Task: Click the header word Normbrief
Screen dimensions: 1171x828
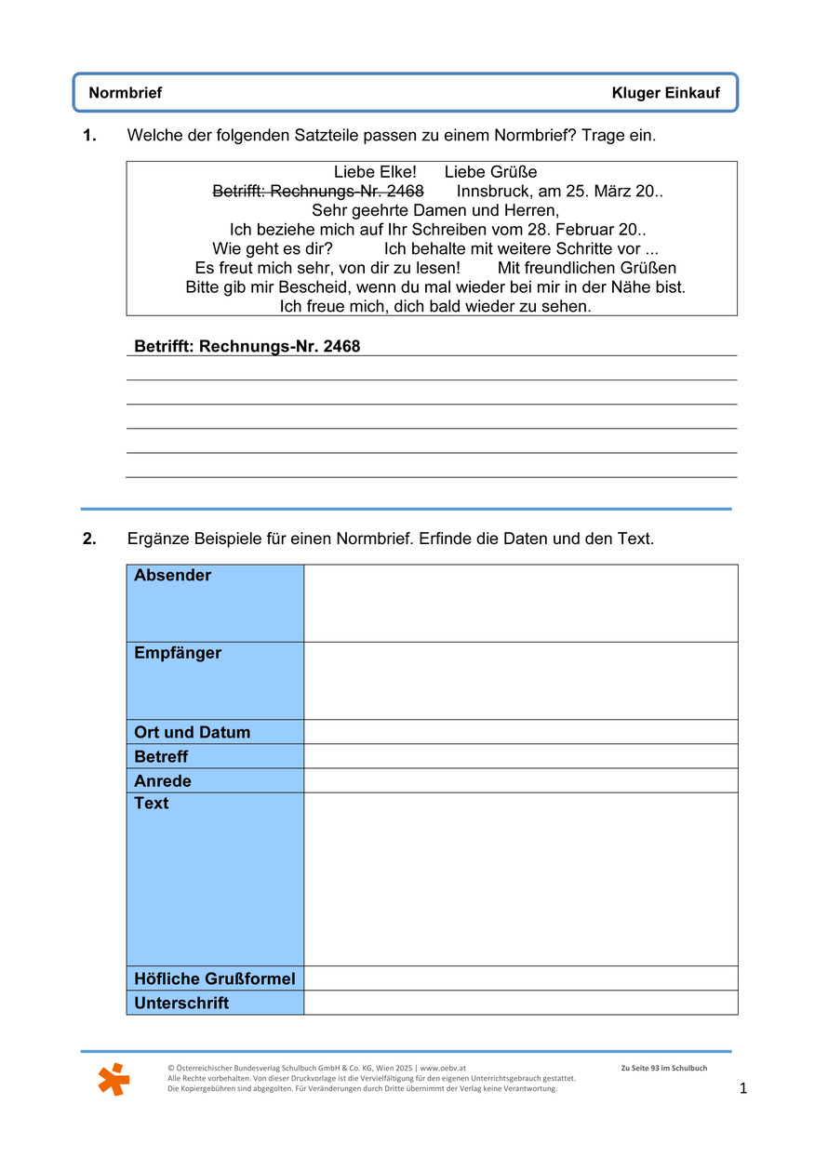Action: (125, 93)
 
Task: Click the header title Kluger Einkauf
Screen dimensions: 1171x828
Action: (665, 93)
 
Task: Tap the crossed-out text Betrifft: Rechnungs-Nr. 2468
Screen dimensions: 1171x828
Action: (318, 192)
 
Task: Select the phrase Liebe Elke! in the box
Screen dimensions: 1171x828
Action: (375, 172)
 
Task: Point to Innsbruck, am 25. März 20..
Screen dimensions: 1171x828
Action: (559, 192)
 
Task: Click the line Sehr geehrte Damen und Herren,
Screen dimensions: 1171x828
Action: (435, 210)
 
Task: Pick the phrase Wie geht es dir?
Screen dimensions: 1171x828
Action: (273, 249)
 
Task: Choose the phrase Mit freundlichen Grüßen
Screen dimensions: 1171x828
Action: (587, 268)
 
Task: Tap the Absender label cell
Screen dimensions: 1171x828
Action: (215, 603)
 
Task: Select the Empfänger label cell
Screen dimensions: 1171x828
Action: (215, 680)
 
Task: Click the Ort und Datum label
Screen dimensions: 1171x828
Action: (193, 732)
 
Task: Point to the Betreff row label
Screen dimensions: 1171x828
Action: (161, 756)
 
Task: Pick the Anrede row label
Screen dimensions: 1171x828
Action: (163, 780)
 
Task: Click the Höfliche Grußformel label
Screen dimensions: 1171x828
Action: (215, 978)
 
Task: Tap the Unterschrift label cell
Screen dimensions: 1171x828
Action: (181, 1003)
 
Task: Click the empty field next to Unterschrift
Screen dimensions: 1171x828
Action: (520, 1003)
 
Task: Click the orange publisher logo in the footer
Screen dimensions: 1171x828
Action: (114, 1079)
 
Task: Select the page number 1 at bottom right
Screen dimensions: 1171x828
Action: (742, 1088)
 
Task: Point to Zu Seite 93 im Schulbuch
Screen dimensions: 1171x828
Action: (663, 1068)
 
